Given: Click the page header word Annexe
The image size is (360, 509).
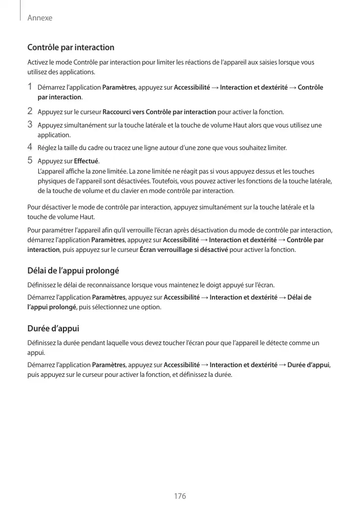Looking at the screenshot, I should [x=40, y=18].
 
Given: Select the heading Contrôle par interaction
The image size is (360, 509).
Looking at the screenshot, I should [x=71, y=48].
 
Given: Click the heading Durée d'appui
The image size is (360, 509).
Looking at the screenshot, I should [x=53, y=328].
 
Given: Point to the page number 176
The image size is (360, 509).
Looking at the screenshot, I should [x=180, y=496].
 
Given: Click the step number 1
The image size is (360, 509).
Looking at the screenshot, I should [x=30, y=87].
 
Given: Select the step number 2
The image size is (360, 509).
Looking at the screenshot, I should [x=30, y=111].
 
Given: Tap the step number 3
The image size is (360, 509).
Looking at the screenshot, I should [x=30, y=124].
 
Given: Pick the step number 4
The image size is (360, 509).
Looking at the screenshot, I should [x=30, y=148].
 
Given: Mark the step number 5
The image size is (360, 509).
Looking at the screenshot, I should [x=30, y=161].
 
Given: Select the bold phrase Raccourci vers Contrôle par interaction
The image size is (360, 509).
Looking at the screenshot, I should [x=159, y=112].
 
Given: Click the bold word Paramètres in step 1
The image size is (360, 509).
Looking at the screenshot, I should [x=119, y=88].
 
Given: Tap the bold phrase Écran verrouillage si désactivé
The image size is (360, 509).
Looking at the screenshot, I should [x=183, y=250].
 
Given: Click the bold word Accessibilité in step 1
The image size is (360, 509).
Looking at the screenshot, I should [x=192, y=88].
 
